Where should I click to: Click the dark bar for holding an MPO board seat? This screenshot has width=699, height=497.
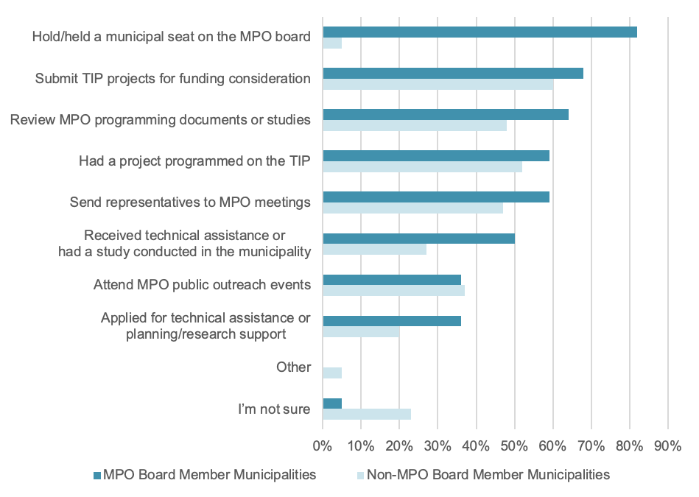tap(480, 32)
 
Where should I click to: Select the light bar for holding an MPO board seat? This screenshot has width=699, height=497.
tap(332, 43)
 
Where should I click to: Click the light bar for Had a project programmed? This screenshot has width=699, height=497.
tap(422, 167)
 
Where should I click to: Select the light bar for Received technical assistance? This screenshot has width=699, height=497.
tap(374, 250)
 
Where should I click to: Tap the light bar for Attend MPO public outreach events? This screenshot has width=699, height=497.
tap(393, 291)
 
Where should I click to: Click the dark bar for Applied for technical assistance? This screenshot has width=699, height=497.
tap(392, 320)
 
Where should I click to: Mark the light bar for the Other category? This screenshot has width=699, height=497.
tap(332, 373)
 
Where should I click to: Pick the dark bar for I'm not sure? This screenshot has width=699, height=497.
tap(332, 403)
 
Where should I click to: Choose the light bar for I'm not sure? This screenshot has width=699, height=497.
tap(367, 415)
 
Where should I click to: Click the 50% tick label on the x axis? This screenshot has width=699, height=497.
tap(514, 446)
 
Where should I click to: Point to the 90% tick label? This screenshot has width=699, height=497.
tap(667, 446)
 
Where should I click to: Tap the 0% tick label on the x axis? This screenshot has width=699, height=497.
tap(323, 446)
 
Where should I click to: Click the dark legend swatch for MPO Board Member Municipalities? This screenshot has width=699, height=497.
tap(96, 475)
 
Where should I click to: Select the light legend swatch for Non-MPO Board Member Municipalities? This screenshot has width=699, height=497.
tap(359, 475)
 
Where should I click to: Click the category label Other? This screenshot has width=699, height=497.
tap(293, 367)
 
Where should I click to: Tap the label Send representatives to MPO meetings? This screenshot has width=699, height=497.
tap(190, 202)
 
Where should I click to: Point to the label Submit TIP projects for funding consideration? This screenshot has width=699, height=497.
tap(172, 79)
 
